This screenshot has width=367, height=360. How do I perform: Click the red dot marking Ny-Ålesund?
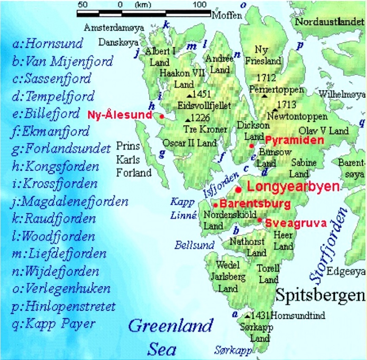point(162,116)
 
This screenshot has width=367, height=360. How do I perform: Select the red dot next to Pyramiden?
point(252,146)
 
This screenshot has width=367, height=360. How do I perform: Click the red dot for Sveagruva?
point(260,220)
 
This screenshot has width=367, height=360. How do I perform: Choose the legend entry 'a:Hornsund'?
point(48,44)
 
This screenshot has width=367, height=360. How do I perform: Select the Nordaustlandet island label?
point(329,22)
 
